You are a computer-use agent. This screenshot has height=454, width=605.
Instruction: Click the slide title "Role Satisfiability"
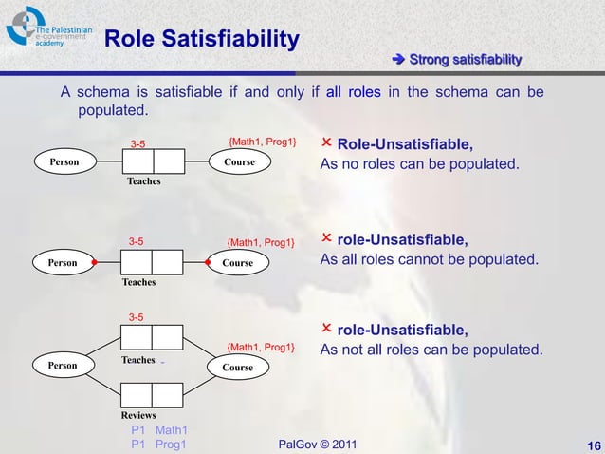coord(202,39)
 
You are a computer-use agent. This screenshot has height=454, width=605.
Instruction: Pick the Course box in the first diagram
coord(239,162)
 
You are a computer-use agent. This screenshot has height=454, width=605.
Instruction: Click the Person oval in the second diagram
coord(63,263)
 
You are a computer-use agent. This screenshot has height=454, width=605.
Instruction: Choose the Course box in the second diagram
coord(238,263)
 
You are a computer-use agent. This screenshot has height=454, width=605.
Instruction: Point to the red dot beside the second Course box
coord(207,262)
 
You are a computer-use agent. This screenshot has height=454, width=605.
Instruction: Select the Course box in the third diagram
coord(238,367)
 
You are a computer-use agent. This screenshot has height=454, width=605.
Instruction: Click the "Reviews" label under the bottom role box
coord(138,416)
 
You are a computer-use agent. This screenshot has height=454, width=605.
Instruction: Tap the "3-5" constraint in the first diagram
coord(137,144)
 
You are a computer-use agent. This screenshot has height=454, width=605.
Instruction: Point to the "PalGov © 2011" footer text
coord(320,445)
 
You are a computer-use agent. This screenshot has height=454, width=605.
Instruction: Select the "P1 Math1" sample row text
coord(158,430)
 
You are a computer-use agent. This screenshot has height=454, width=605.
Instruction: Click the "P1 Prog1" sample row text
coord(158,444)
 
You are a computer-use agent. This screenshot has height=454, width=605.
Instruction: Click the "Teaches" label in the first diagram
coord(143,180)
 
